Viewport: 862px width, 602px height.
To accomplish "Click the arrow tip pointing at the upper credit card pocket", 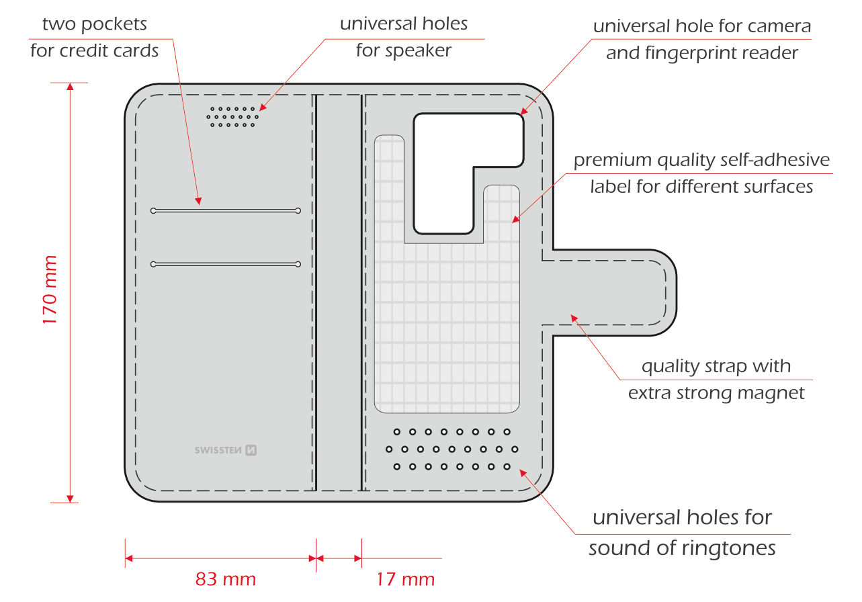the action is [x=200, y=205].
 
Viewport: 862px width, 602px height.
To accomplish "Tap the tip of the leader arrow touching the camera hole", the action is [x=521, y=114].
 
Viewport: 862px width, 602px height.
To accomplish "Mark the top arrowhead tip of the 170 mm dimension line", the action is [x=70, y=83].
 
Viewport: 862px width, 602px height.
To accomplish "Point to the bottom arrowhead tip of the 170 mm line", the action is [x=70, y=503].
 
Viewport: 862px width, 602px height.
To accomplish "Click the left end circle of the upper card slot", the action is [x=154, y=210].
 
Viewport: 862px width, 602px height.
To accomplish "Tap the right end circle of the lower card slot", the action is [x=298, y=264].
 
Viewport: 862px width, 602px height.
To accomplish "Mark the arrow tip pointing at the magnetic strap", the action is [x=571, y=315].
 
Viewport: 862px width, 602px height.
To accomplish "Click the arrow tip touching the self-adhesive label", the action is [x=512, y=222].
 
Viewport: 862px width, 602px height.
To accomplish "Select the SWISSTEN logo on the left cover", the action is [x=226, y=450].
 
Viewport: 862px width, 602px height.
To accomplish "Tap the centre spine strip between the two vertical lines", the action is [x=339, y=292].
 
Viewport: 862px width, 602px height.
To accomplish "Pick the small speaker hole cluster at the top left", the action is [x=232, y=117].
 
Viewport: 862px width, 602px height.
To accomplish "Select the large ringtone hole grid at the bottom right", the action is [x=451, y=449].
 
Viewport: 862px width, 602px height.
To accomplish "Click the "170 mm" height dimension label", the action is [x=50, y=290].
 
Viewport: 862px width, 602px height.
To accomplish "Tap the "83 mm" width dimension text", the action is [x=226, y=579].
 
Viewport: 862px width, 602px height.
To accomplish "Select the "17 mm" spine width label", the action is [x=406, y=579].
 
